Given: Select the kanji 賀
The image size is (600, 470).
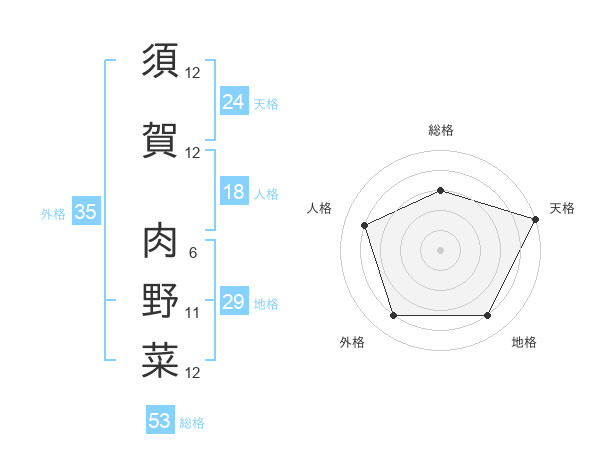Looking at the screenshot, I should point(160,139).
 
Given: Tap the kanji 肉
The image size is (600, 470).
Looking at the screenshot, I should point(160,240).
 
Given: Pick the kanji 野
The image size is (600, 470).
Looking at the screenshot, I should point(160,301).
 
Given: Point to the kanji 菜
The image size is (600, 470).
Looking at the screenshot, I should point(160,361).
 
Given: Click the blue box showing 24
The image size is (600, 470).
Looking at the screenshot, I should point(234,102).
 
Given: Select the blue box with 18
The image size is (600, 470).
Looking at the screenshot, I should point(234,192).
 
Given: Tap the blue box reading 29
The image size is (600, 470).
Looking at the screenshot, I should point(234,302).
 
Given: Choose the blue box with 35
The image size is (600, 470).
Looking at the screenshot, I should point(85,212).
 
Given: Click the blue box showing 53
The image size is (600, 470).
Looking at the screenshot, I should point(160,421).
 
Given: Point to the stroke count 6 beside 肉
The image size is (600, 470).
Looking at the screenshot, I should point(192,252).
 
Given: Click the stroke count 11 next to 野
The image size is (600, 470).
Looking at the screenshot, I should point(193,313).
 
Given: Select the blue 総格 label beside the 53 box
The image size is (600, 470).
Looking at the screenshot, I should point(193,423).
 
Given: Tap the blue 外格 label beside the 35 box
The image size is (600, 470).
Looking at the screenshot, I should point(53,213).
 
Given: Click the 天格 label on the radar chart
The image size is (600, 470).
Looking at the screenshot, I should point(562,208).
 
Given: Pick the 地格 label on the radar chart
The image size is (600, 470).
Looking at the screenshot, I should point(524,342).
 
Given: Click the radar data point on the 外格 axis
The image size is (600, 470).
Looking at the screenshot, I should point(393,316).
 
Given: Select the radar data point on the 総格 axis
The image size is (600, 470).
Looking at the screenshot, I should point(441,189).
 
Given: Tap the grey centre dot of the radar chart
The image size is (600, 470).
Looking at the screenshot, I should point(441,249).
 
